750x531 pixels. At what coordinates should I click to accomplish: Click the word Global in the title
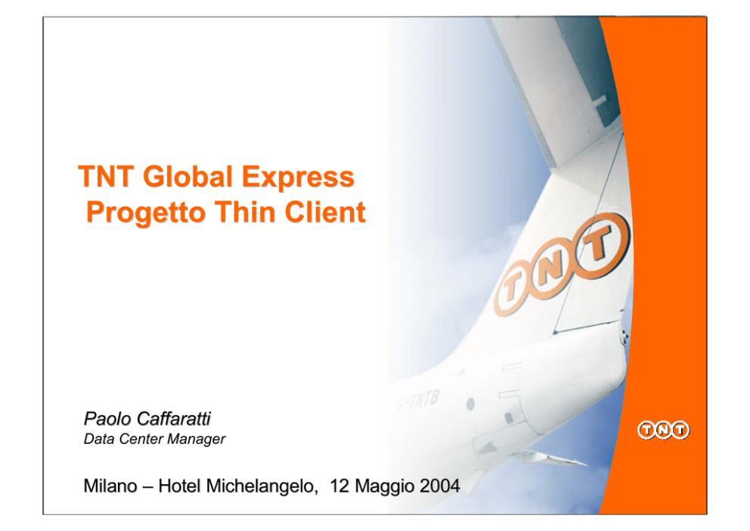tap(187, 176)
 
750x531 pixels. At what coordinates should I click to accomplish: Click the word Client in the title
tap(325, 212)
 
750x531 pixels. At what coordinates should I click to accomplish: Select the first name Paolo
tap(107, 418)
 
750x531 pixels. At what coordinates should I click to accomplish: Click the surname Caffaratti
tap(174, 418)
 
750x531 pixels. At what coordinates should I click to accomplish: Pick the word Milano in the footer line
tap(110, 486)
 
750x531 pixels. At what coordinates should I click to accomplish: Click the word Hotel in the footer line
tap(179, 486)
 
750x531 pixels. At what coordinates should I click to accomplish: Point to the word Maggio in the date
tap(385, 487)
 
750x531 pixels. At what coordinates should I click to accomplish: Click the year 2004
tap(439, 486)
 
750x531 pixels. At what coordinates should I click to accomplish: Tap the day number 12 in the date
tap(340, 486)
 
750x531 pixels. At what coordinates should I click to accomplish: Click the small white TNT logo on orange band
tap(663, 430)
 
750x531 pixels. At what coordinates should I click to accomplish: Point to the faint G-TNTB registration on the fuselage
tap(416, 401)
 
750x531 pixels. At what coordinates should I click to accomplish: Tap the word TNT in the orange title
tap(106, 176)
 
